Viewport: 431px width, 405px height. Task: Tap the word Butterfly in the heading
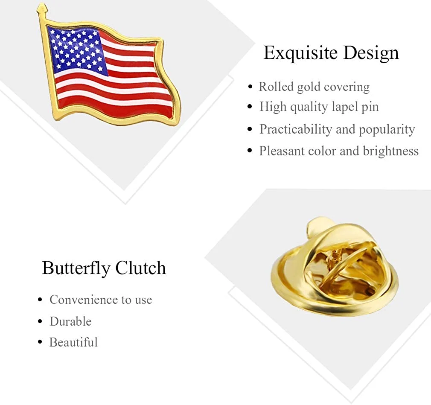click(76, 268)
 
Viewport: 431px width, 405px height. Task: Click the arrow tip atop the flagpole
click(42, 6)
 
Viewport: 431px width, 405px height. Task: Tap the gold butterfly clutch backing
click(335, 267)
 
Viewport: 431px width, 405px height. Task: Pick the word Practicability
click(296, 129)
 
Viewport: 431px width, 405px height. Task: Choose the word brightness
click(390, 151)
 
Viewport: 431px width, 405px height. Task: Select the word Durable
click(70, 321)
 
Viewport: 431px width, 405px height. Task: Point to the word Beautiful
click(73, 342)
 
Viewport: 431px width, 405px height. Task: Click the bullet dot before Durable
click(40, 321)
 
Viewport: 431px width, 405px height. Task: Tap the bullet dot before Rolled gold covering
click(250, 87)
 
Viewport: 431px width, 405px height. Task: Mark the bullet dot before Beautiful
click(40, 342)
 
